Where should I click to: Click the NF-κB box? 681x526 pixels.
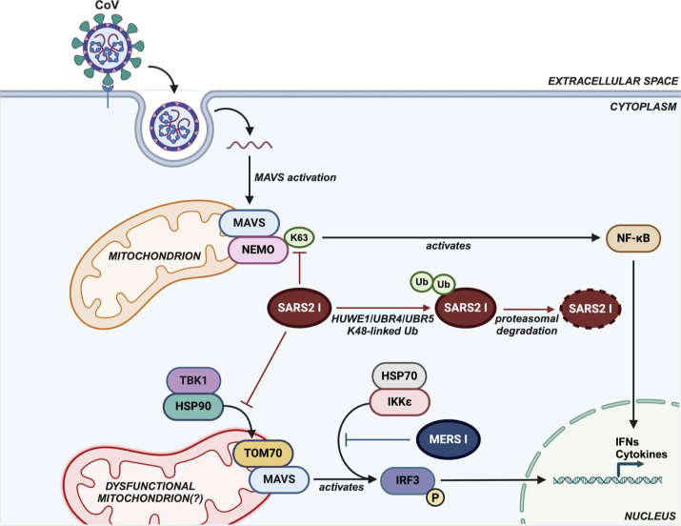632,238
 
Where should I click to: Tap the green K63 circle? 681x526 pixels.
299,237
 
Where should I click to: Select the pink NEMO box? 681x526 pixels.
258,250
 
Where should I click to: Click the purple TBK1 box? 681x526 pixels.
193,380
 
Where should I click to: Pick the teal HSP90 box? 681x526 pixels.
193,407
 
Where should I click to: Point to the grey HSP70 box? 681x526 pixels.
399,375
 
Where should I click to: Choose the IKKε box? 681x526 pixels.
400,402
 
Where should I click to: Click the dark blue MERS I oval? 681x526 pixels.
449,439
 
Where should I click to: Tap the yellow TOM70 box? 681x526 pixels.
263,453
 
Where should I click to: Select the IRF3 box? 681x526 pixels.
408,480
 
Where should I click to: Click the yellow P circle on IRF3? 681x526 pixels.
435,497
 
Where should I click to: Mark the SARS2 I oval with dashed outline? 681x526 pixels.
591,309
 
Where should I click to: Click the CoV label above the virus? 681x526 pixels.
108,6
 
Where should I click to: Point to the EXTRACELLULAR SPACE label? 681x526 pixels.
612,81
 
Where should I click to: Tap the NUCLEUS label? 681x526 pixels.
651,516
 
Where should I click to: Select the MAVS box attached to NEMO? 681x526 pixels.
250,223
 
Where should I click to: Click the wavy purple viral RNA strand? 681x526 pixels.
250,145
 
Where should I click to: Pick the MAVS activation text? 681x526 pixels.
295,177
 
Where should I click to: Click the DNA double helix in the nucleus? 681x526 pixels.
608,480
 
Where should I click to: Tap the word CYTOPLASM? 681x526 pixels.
643,107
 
